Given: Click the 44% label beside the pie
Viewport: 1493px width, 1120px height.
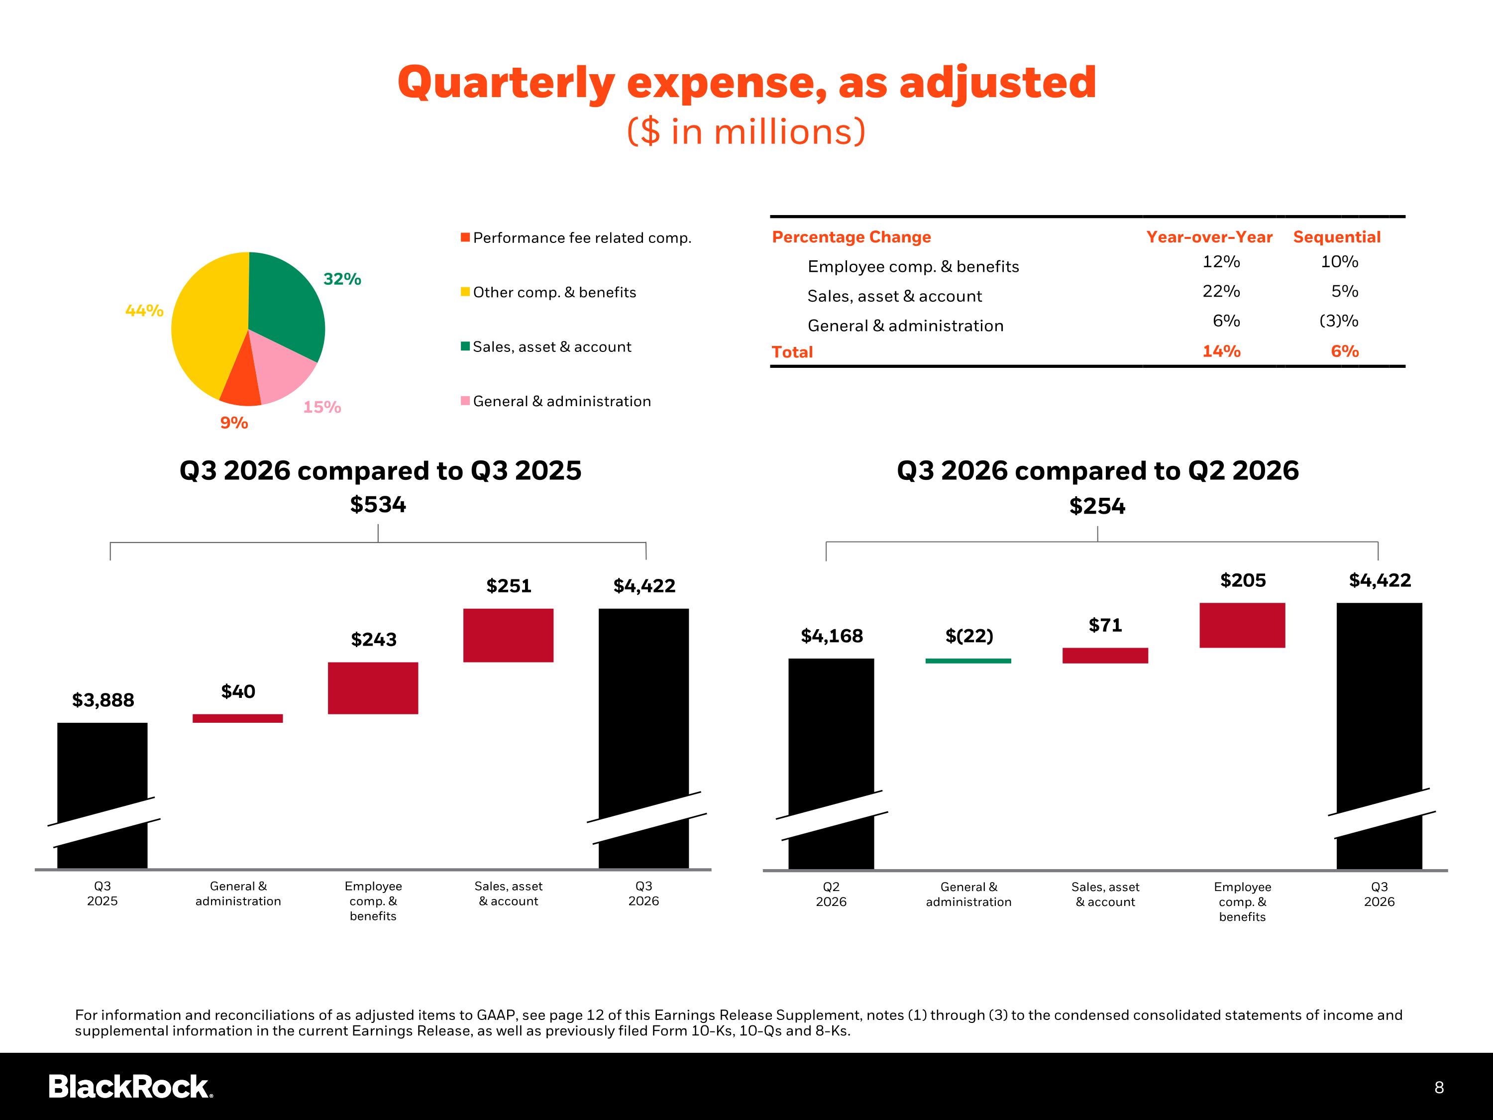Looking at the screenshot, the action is [x=144, y=311].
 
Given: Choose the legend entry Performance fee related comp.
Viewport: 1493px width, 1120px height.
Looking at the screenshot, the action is [x=576, y=237].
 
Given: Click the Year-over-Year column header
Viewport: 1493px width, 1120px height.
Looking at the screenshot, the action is [x=1209, y=237].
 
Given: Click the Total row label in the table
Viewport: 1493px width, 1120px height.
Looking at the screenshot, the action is [x=792, y=352].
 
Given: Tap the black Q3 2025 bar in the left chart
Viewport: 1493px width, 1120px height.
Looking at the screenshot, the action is [x=103, y=795].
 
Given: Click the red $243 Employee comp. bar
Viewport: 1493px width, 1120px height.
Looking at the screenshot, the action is [x=373, y=688].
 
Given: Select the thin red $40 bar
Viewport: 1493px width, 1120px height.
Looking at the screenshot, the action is [x=237, y=718].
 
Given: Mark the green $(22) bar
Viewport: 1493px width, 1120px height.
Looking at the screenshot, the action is [x=968, y=661].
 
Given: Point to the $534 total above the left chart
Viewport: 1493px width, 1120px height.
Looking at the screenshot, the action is [x=378, y=504].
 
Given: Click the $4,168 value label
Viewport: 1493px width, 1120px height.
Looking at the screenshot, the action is [x=832, y=636].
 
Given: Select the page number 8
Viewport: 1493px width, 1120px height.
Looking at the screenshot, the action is [x=1439, y=1087].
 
